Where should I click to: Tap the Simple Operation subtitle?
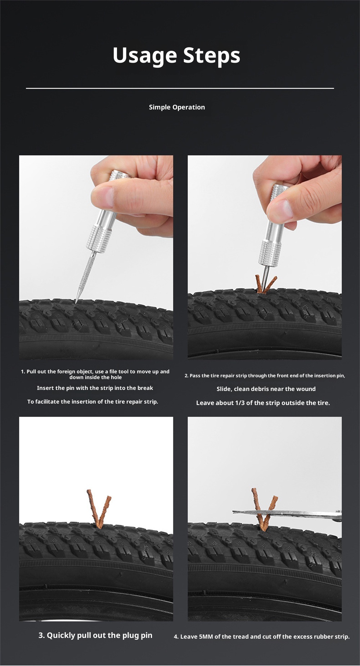tap(177, 107)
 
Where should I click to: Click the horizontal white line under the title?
tap(180, 88)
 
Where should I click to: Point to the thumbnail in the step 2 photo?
tap(281, 209)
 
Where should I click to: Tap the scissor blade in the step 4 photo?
tap(287, 513)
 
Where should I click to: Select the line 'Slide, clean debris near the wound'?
tap(266, 389)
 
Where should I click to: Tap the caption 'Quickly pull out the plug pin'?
tap(99, 635)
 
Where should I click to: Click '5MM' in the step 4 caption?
tap(206, 636)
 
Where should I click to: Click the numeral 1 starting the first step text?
tap(22, 372)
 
